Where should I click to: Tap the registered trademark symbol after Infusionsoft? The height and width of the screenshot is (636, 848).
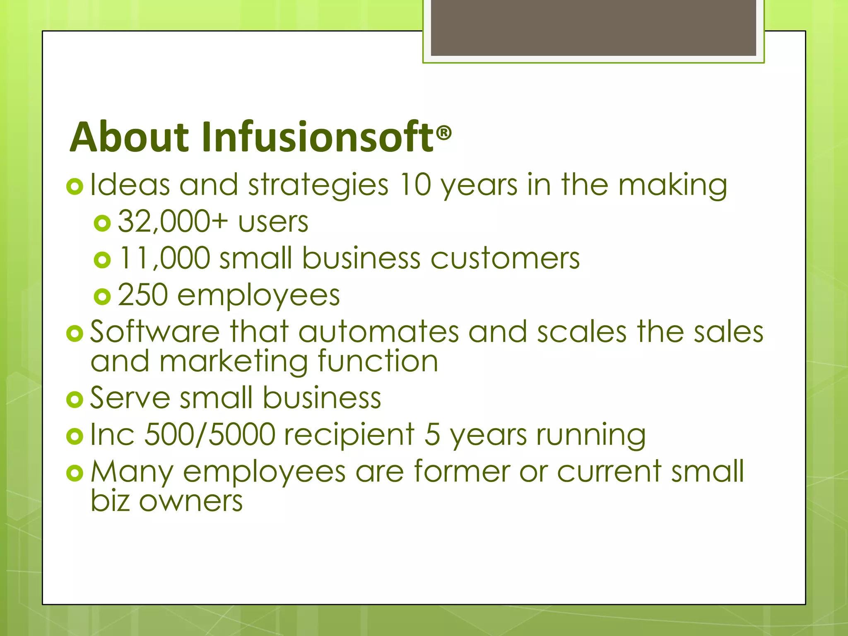pos(444,133)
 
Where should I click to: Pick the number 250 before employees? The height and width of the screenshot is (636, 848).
pos(143,295)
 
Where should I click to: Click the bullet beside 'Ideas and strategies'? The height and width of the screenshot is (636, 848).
pos(75,187)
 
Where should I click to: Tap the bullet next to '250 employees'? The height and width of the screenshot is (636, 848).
pos(102,296)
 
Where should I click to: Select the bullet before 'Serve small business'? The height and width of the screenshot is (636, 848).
pos(75,400)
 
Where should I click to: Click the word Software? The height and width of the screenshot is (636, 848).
pos(155,332)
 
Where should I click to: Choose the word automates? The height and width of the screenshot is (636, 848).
pos(378,332)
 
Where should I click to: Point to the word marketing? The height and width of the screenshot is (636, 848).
pos(234,361)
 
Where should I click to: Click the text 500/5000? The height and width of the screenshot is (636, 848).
pos(210,434)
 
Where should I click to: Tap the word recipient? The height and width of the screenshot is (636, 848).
pos(349,435)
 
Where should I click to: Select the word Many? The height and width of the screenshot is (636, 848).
pos(132,472)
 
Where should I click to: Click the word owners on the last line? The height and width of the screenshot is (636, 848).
pos(191,501)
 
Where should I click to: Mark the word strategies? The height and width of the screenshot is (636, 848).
pos(318,185)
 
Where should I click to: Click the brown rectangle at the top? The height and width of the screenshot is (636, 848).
pos(593,27)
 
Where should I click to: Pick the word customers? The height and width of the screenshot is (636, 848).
pos(505,258)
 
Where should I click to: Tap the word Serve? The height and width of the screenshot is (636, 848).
pos(130,398)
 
